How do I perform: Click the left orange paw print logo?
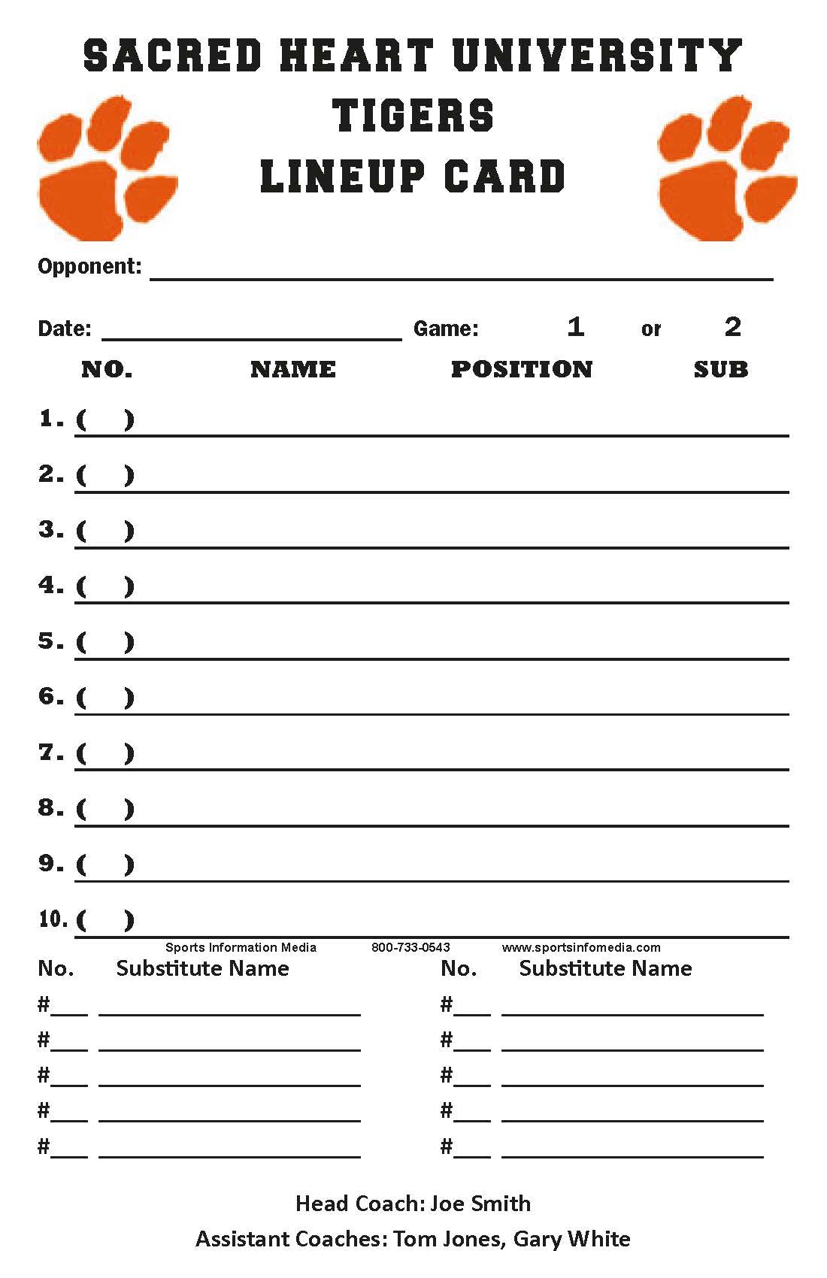pos(107,169)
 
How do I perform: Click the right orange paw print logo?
pos(726,169)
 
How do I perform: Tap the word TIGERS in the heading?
pos(413,117)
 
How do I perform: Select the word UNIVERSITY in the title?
pos(598,56)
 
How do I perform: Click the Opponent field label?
pos(89,266)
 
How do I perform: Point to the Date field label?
pos(64,329)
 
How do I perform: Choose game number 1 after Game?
pos(575,327)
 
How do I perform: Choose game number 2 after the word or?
pos(732,327)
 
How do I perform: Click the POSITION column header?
pos(522,369)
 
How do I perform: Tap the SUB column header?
pos(720,369)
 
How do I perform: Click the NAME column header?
pos(293,369)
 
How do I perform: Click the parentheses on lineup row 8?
pos(105,809)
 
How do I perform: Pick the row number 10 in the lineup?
pos(53,919)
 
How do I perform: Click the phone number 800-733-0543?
pos(410,947)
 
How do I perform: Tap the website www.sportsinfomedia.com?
pos(581,947)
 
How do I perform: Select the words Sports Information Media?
pos(241,947)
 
